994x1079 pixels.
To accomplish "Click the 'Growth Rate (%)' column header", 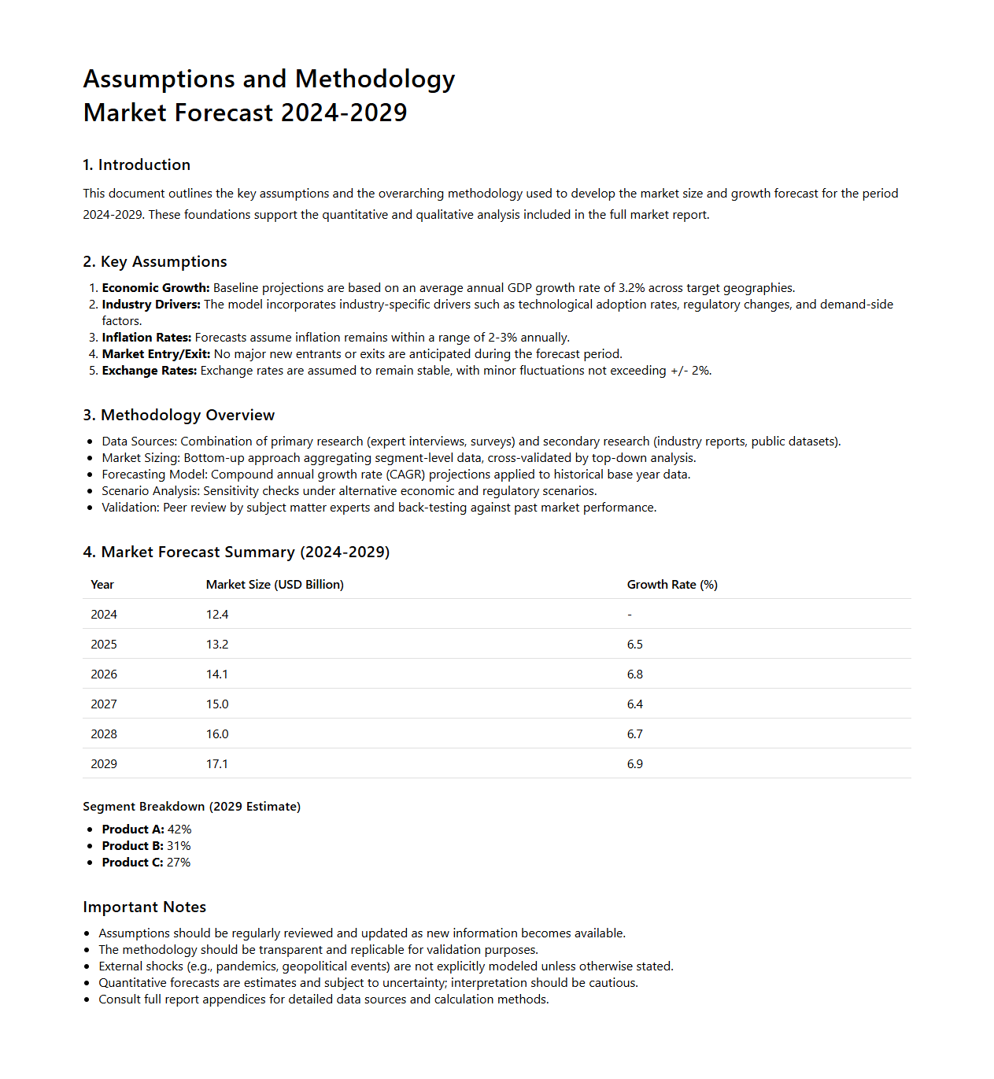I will coord(672,585).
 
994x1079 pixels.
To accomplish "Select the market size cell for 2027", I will coord(217,704).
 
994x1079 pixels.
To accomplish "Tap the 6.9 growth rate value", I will coord(635,764).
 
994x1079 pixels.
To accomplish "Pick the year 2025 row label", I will coord(104,645).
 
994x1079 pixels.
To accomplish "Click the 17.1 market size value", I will coord(217,764).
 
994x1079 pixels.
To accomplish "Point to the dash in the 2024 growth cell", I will coord(630,615).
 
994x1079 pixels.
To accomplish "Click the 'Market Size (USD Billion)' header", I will coord(275,585).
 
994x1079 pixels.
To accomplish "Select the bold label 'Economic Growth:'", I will coord(156,288).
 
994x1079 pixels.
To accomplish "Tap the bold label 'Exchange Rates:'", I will coord(150,371).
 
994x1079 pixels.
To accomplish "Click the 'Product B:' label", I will coord(132,846).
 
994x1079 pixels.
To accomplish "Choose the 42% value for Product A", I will coord(179,830).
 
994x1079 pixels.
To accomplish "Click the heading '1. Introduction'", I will coord(137,164).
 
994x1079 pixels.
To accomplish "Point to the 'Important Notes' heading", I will coord(145,907).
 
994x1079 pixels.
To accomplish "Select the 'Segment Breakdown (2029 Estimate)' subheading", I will coord(192,807).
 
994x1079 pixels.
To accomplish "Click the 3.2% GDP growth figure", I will coord(632,288).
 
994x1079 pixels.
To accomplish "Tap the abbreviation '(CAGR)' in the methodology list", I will coord(405,475).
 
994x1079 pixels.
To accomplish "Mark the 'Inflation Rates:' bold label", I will coord(146,338).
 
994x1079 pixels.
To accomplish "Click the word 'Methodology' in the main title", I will coord(375,79).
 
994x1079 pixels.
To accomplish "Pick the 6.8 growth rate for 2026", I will coord(635,674).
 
